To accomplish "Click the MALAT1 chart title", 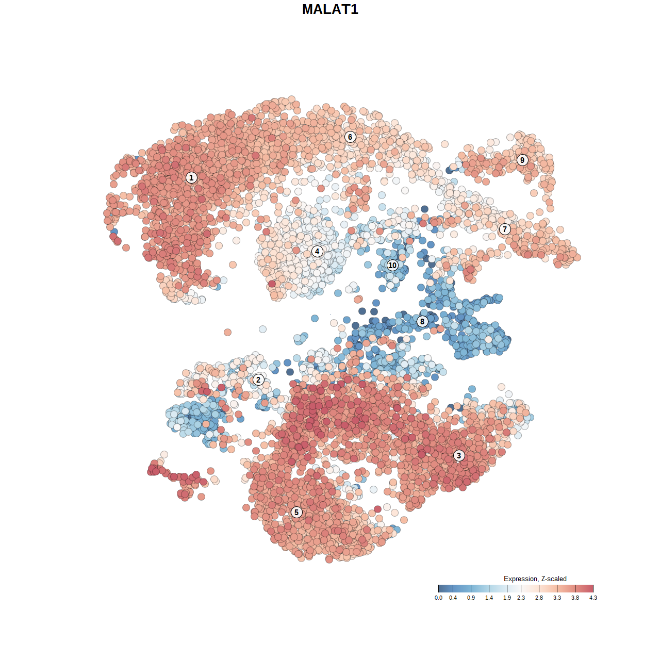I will click(x=330, y=9).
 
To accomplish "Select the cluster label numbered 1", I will click(x=191, y=177).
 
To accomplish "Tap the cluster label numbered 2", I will click(x=258, y=380).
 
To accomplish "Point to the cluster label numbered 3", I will click(x=459, y=455).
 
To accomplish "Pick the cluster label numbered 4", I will click(x=317, y=252).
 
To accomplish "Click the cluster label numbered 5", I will click(x=296, y=512).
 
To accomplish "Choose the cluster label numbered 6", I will click(x=350, y=137).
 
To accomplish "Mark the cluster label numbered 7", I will click(x=505, y=229).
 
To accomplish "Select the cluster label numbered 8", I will click(x=422, y=321).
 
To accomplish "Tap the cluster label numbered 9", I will click(x=522, y=160).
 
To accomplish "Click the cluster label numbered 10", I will click(x=392, y=265).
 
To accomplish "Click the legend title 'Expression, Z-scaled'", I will click(x=535, y=579).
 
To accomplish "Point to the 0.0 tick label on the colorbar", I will click(x=438, y=598).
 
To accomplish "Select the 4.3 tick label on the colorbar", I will click(x=593, y=598).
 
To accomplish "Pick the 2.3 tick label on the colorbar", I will click(x=521, y=598).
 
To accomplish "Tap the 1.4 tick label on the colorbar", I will click(x=489, y=598).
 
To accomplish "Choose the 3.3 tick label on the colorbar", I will click(x=557, y=598).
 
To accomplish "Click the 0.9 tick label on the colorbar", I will click(x=471, y=598).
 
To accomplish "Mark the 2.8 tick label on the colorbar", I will click(x=539, y=598).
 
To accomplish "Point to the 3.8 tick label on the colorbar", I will click(x=575, y=598).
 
